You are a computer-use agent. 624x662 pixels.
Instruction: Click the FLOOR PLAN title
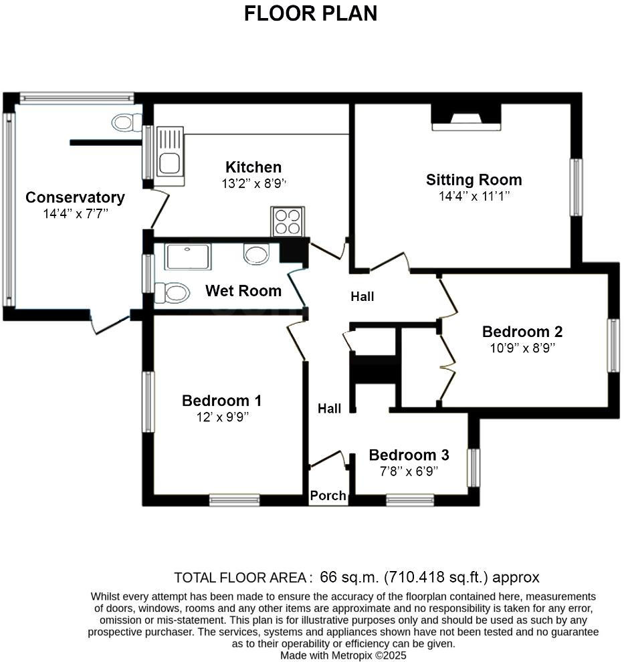[310, 13]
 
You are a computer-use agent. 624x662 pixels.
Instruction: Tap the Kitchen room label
[253, 167]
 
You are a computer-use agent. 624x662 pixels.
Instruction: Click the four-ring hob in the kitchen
[288, 221]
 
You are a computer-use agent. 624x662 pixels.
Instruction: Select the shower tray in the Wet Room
[188, 257]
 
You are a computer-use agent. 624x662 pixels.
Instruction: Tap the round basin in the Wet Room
[256, 254]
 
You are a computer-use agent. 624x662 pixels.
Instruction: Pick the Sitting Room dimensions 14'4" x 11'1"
[474, 197]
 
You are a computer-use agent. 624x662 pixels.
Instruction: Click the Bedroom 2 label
[522, 332]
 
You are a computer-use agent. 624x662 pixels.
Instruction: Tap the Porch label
[328, 495]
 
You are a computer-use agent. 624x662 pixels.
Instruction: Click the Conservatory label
[75, 198]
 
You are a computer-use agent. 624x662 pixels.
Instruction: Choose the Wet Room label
[243, 291]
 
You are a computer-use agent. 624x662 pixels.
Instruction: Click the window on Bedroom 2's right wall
[613, 345]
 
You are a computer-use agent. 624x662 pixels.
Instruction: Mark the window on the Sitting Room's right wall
[575, 187]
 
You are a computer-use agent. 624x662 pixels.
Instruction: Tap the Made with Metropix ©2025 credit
[343, 655]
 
